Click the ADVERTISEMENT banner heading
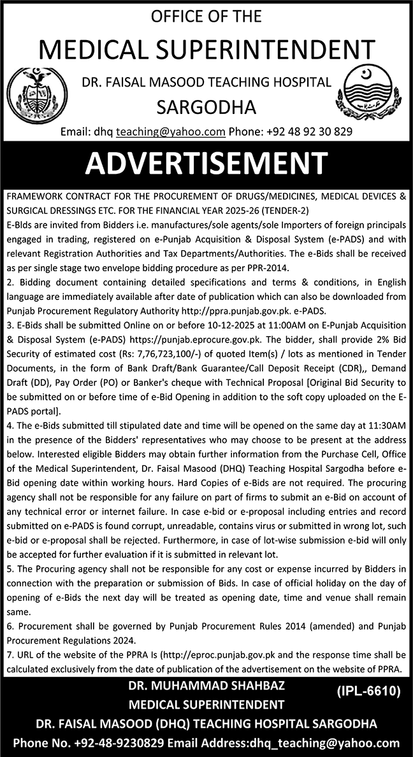tap(206, 163)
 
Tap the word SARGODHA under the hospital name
tap(207, 106)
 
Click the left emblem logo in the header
tap(40, 90)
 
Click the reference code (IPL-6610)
tap(365, 690)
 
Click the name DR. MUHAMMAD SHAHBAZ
tap(206, 686)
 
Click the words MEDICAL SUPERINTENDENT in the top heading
tap(206, 49)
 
